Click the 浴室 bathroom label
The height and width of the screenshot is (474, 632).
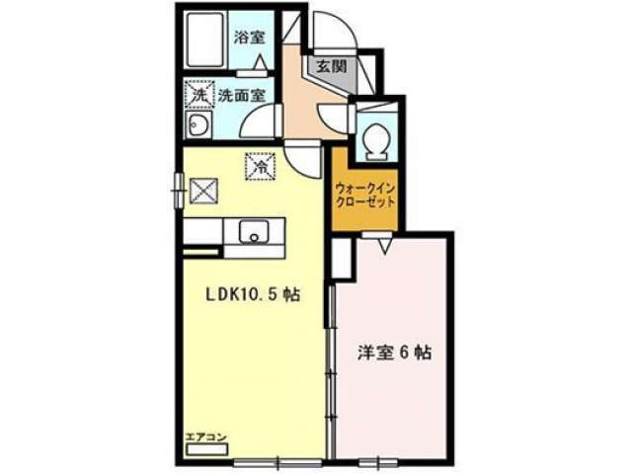pos(250,38)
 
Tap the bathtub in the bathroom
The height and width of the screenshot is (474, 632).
pos(205,39)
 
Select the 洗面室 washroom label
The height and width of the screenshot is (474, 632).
pos(241,96)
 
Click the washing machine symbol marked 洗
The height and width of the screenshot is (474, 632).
pos(198,95)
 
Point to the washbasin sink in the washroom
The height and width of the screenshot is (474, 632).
pos(197,124)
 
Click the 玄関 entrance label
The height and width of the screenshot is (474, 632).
pos(331,66)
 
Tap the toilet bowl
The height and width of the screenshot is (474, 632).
pos(376,140)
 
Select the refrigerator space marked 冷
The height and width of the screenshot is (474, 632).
pos(261,166)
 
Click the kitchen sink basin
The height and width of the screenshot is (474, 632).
pos(254,231)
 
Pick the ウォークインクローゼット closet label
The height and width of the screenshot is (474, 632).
pos(365,195)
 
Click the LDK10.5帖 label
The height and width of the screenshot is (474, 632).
pos(253,295)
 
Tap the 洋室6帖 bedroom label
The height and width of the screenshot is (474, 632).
pos(394,353)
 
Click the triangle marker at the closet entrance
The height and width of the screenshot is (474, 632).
pos(384,245)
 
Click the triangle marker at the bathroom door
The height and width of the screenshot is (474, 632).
pos(260,63)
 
